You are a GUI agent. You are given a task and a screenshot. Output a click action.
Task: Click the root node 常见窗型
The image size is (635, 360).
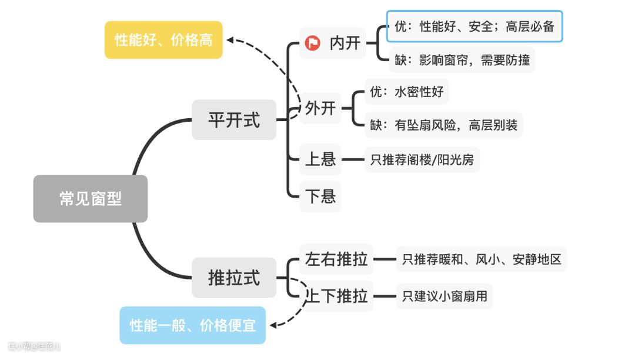pyautogui.click(x=90, y=199)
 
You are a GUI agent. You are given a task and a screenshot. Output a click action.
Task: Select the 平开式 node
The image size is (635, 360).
pyautogui.click(x=233, y=120)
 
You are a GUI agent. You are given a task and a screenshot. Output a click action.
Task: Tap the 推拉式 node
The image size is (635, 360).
pyautogui.click(x=233, y=277)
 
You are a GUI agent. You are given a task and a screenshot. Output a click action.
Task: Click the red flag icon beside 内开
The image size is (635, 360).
pyautogui.click(x=313, y=43)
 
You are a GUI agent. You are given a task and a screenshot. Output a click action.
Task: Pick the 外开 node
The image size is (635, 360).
pyautogui.click(x=320, y=108)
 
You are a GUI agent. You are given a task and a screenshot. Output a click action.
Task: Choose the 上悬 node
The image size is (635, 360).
pyautogui.click(x=320, y=159)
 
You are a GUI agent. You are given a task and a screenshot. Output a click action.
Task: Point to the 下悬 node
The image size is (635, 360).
pyautogui.click(x=320, y=196)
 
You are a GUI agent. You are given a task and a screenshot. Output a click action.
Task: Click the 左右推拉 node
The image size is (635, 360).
pyautogui.click(x=336, y=259)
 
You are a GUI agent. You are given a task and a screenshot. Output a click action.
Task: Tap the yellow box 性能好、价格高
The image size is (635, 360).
pyautogui.click(x=163, y=40)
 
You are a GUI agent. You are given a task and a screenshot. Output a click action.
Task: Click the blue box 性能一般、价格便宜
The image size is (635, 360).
pyautogui.click(x=192, y=325)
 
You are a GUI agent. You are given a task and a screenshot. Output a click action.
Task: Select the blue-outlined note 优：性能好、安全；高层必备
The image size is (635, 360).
pyautogui.click(x=474, y=26)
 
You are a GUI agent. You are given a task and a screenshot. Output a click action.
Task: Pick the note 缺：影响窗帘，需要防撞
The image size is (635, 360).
pyautogui.click(x=461, y=60)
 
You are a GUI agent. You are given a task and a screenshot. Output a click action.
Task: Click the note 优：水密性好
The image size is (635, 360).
pyautogui.click(x=406, y=92)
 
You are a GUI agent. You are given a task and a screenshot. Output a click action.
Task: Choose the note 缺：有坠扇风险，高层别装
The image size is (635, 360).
pyautogui.click(x=443, y=125)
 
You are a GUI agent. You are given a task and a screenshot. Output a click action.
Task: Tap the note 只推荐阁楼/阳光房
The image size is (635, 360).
pyautogui.click(x=422, y=159)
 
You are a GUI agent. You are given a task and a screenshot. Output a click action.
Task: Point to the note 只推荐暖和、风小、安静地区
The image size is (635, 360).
pyautogui.click(x=482, y=259)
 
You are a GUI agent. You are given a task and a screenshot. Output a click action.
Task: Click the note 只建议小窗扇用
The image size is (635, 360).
pyautogui.click(x=444, y=296)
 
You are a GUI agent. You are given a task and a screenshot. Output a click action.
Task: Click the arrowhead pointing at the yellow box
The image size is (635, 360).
pyautogui.click(x=231, y=40)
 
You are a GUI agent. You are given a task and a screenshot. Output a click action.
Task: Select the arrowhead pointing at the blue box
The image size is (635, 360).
pyautogui.click(x=272, y=324)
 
